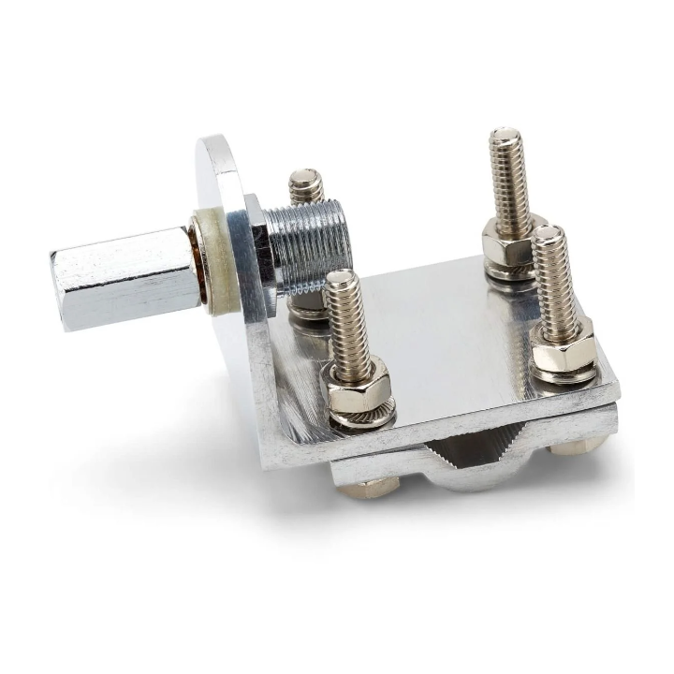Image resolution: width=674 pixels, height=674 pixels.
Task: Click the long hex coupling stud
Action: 131,276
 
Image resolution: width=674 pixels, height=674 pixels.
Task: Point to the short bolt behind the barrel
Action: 305,184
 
